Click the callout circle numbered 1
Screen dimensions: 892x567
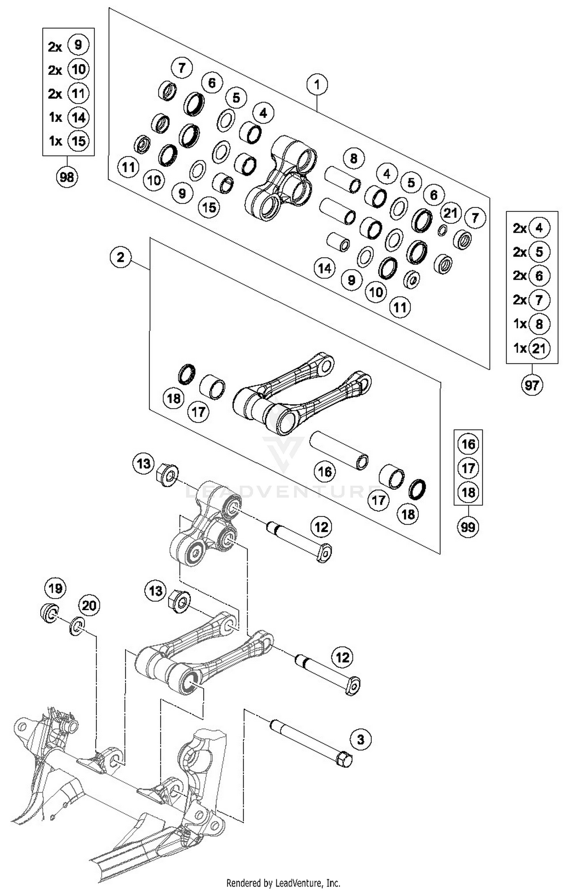317,84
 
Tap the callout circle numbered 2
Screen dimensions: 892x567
121,258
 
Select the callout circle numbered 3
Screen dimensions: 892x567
361,739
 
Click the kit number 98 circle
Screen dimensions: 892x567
67,177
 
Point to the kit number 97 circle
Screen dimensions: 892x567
532,385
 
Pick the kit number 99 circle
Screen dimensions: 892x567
468,526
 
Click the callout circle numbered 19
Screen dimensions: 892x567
56,588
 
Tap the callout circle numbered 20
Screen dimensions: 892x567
89,606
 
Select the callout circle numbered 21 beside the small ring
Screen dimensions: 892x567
451,213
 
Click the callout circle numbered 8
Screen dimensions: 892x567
354,158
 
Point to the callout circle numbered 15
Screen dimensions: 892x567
209,207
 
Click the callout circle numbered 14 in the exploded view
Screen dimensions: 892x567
325,269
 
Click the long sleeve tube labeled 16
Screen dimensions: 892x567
339,450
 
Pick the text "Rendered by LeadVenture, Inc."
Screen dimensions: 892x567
283,883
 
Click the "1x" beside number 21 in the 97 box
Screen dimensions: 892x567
520,348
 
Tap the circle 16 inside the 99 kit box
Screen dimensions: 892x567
468,444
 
